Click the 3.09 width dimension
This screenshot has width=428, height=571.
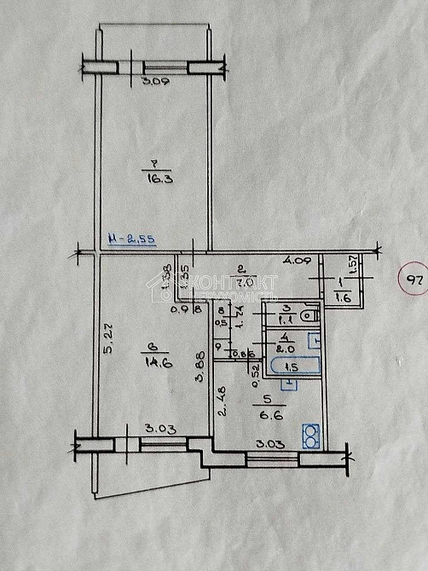pos(154,83)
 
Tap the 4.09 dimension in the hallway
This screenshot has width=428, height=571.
pos(296,260)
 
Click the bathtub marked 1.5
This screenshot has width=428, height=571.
pos(292,368)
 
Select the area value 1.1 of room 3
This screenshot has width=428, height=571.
pos(287,317)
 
